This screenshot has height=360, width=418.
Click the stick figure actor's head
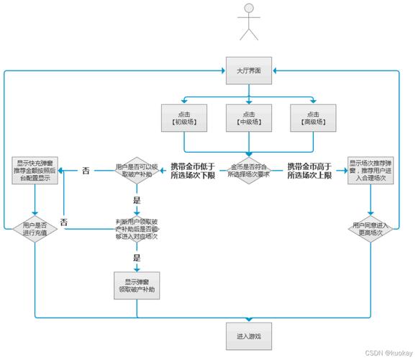pos(248,9)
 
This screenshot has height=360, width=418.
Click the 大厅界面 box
pos(248,71)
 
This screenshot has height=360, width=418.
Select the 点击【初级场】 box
pos(184,117)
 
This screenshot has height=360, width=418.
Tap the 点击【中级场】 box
pos(248,117)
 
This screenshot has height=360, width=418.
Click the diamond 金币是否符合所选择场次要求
pos(248,171)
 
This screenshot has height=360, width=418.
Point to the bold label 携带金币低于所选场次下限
pos(192,171)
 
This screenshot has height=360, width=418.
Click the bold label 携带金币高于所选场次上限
pos(309,171)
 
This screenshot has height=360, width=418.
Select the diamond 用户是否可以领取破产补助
pos(137,171)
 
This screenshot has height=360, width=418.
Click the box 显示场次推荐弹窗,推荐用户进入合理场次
pos(371,171)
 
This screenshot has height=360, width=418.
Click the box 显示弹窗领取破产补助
pos(137,284)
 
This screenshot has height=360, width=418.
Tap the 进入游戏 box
pos(248,336)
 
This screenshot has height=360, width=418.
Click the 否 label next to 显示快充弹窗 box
pos(86,171)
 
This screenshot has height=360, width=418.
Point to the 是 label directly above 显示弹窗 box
pos(136,256)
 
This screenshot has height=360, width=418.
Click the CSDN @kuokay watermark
pos(388,354)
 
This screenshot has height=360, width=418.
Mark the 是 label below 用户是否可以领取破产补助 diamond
pos(137,200)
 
